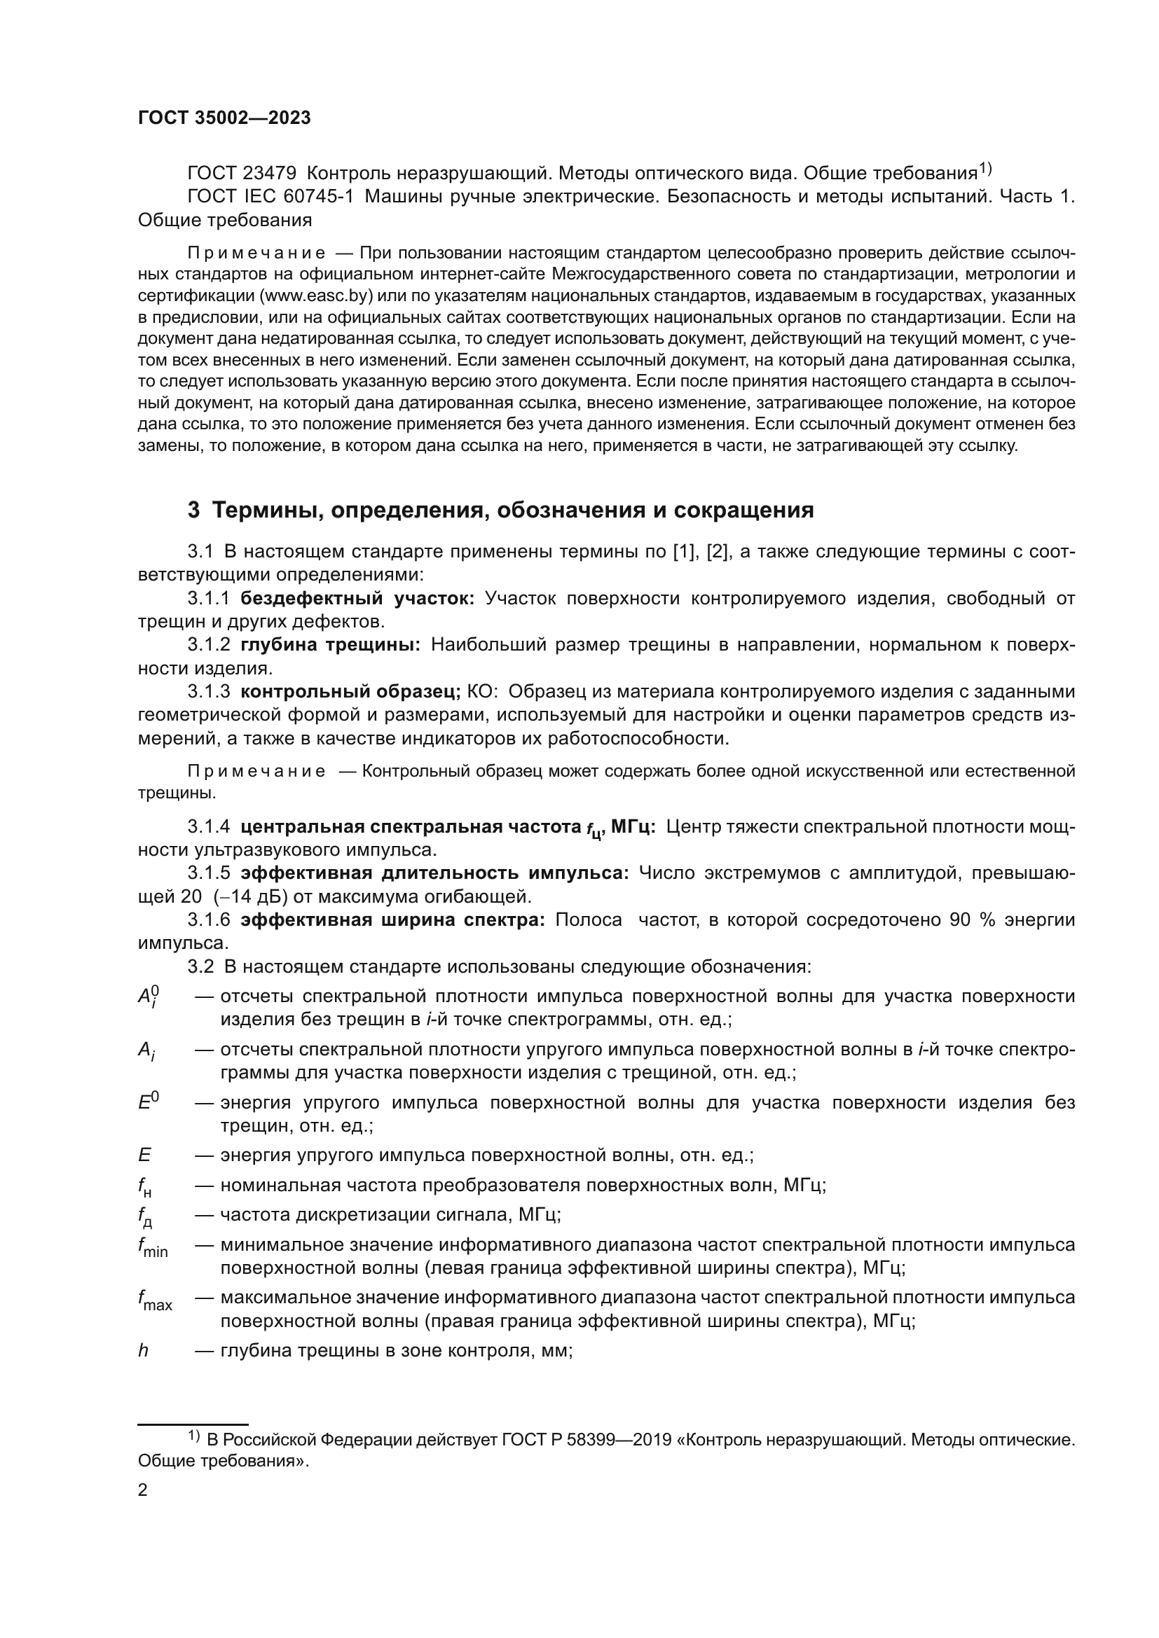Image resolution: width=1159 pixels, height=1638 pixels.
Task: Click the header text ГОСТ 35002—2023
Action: pyautogui.click(x=224, y=118)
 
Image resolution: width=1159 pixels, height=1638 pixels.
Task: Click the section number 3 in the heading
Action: pyautogui.click(x=193, y=511)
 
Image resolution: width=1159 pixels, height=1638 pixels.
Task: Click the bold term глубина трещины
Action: pyautogui.click(x=331, y=645)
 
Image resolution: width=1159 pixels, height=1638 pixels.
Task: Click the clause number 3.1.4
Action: pyautogui.click(x=208, y=827)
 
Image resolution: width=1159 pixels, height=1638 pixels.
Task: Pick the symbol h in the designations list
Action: pyautogui.click(x=143, y=1350)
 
